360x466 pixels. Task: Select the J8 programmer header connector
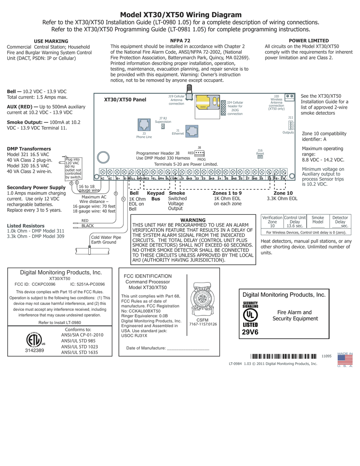199,153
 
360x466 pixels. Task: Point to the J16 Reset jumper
260,157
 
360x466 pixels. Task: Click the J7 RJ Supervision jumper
162,127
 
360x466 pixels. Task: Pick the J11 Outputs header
291,125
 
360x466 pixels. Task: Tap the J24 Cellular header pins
223,108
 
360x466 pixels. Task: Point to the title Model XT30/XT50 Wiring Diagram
181,15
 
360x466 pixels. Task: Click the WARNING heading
193,220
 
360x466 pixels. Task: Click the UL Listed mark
249,314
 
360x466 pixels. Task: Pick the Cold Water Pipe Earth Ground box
106,240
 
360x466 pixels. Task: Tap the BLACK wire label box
87,226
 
